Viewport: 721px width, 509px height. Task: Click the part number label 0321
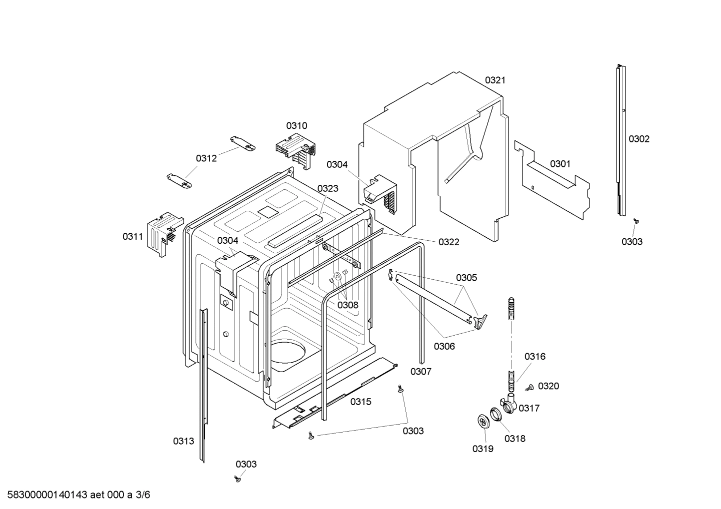tap(495, 80)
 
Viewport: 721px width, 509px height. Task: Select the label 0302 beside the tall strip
tap(639, 139)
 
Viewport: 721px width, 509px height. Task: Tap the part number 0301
tap(560, 164)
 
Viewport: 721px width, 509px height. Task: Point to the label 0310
tap(296, 126)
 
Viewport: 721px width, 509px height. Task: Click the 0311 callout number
tap(132, 237)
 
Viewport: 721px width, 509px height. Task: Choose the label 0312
tap(206, 158)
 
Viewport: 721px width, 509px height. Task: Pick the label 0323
tap(327, 188)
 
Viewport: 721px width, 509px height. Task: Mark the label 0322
tap(448, 242)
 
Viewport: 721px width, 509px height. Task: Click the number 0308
tap(347, 305)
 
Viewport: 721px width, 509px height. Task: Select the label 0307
tap(420, 371)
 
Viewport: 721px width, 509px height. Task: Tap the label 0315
tap(360, 402)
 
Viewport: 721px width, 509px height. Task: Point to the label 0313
tap(183, 441)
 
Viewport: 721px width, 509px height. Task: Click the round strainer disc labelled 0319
tap(482, 421)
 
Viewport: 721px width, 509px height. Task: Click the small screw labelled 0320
tap(529, 387)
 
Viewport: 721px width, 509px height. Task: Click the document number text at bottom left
tap(75, 495)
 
